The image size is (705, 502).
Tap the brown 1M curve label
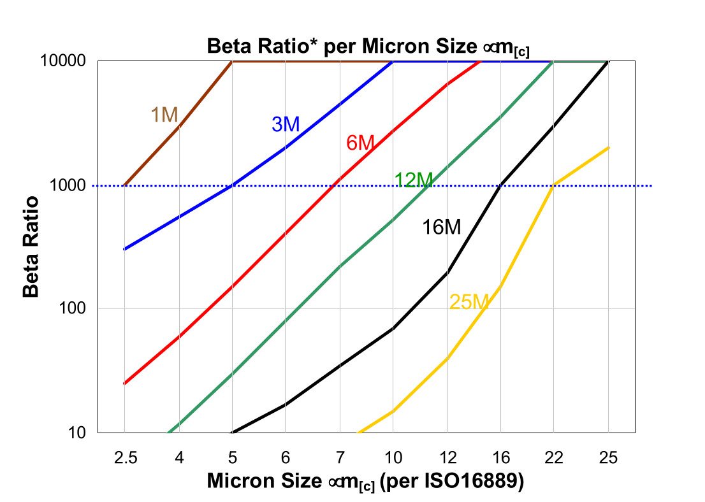pyautogui.click(x=164, y=115)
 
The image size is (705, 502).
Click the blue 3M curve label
pyautogui.click(x=286, y=124)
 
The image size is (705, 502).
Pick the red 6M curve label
pyautogui.click(x=360, y=143)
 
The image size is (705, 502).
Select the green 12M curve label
pyautogui.click(x=414, y=180)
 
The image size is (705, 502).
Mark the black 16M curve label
pyautogui.click(x=441, y=227)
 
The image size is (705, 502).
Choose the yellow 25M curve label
pyautogui.click(x=469, y=302)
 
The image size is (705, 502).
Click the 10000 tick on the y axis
pyautogui.click(x=67, y=62)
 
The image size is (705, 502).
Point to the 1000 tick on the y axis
pyautogui.click(x=71, y=186)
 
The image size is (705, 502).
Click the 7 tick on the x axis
pyautogui.click(x=340, y=457)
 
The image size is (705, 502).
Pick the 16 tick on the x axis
pyautogui.click(x=501, y=457)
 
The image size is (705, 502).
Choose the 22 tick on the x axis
pyautogui.click(x=555, y=457)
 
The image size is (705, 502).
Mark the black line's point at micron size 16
pyautogui.click(x=501, y=185)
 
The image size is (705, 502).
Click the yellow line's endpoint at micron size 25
pyautogui.click(x=609, y=148)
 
